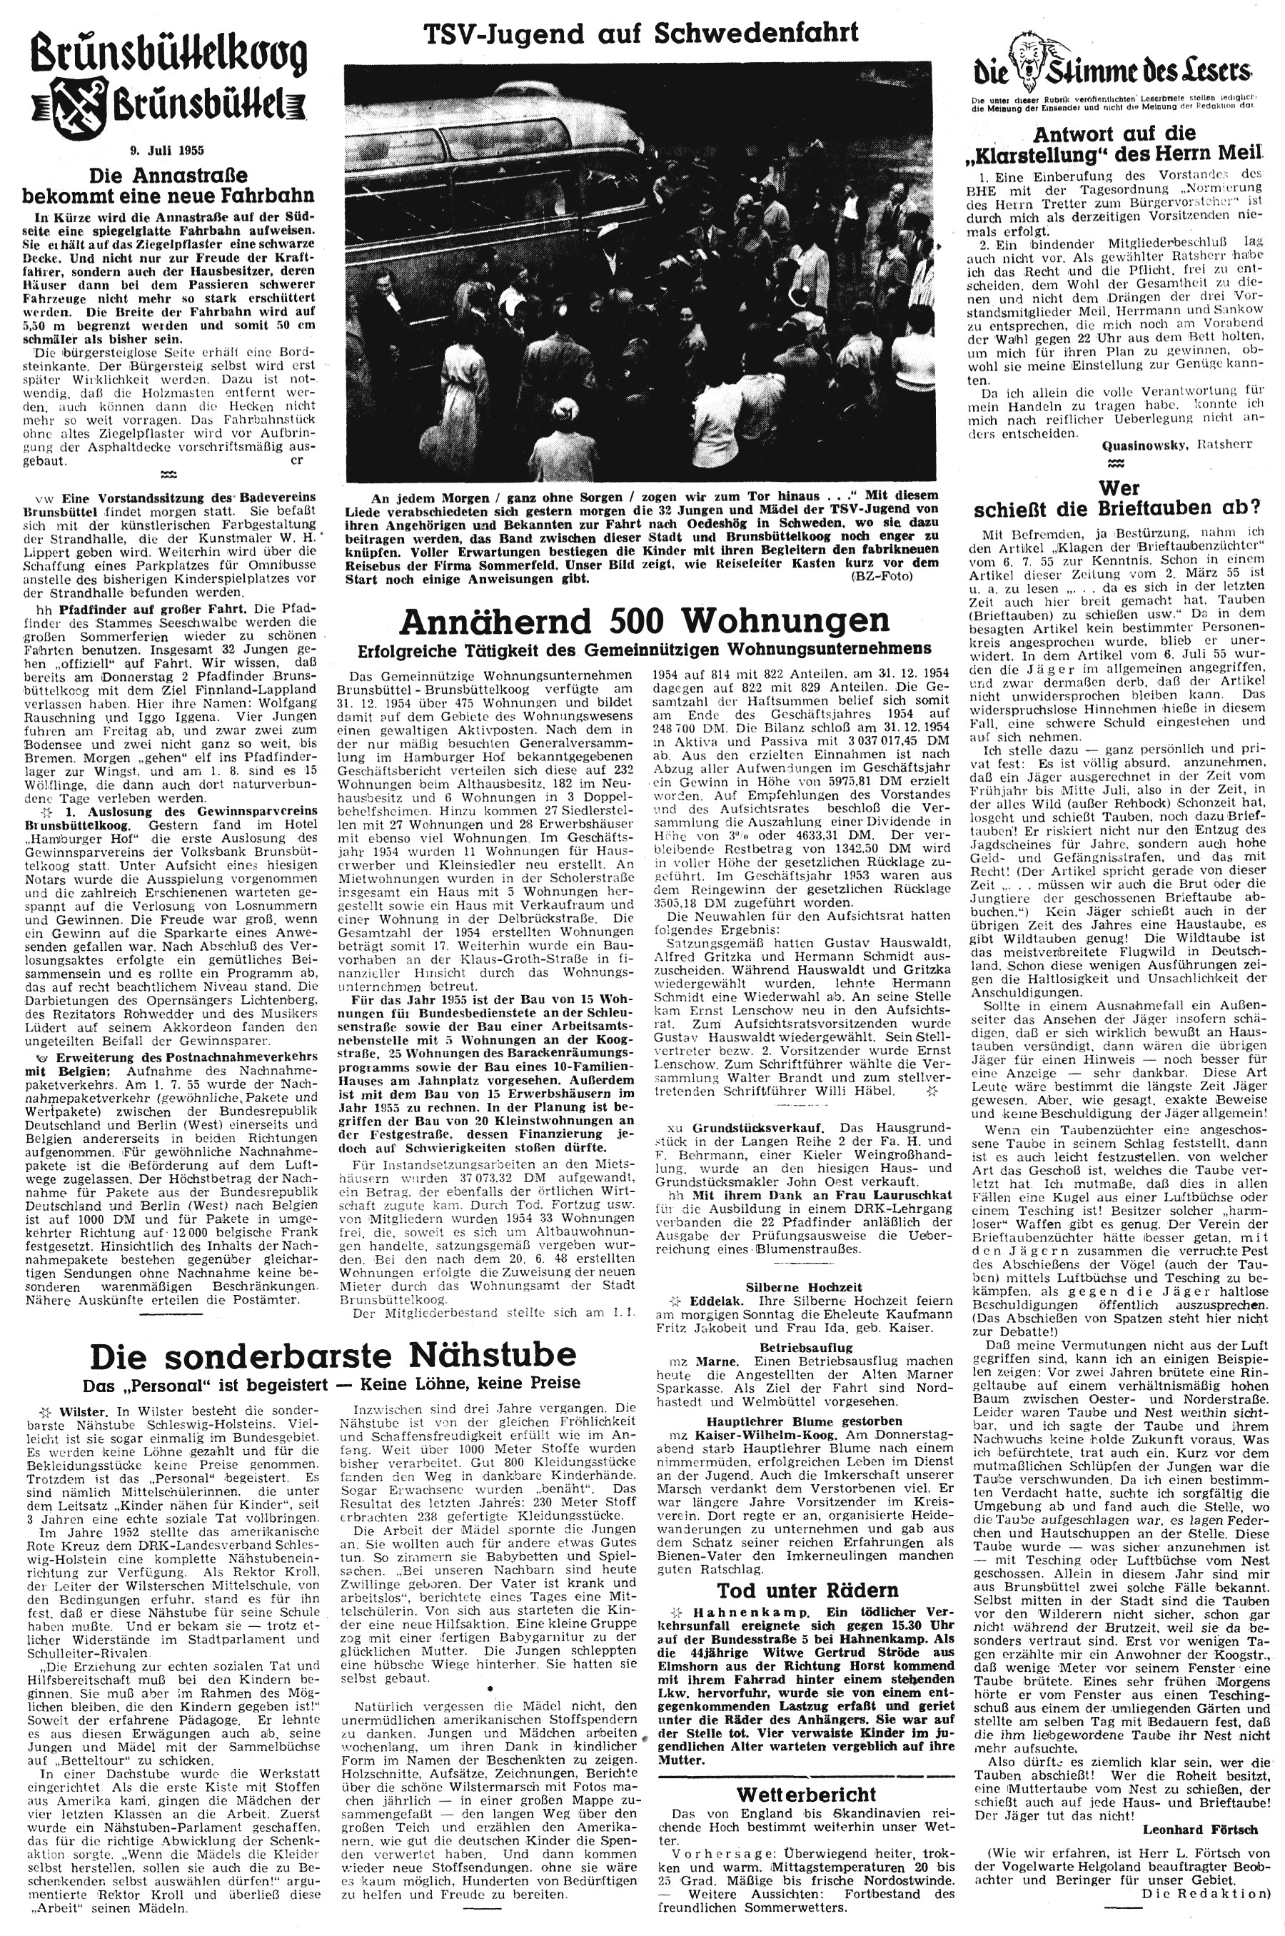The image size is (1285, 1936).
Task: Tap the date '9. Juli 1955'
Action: click(167, 151)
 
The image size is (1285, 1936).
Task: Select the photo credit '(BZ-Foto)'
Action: click(896, 578)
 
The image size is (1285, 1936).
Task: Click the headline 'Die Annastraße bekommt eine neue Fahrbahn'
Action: click(167, 186)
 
